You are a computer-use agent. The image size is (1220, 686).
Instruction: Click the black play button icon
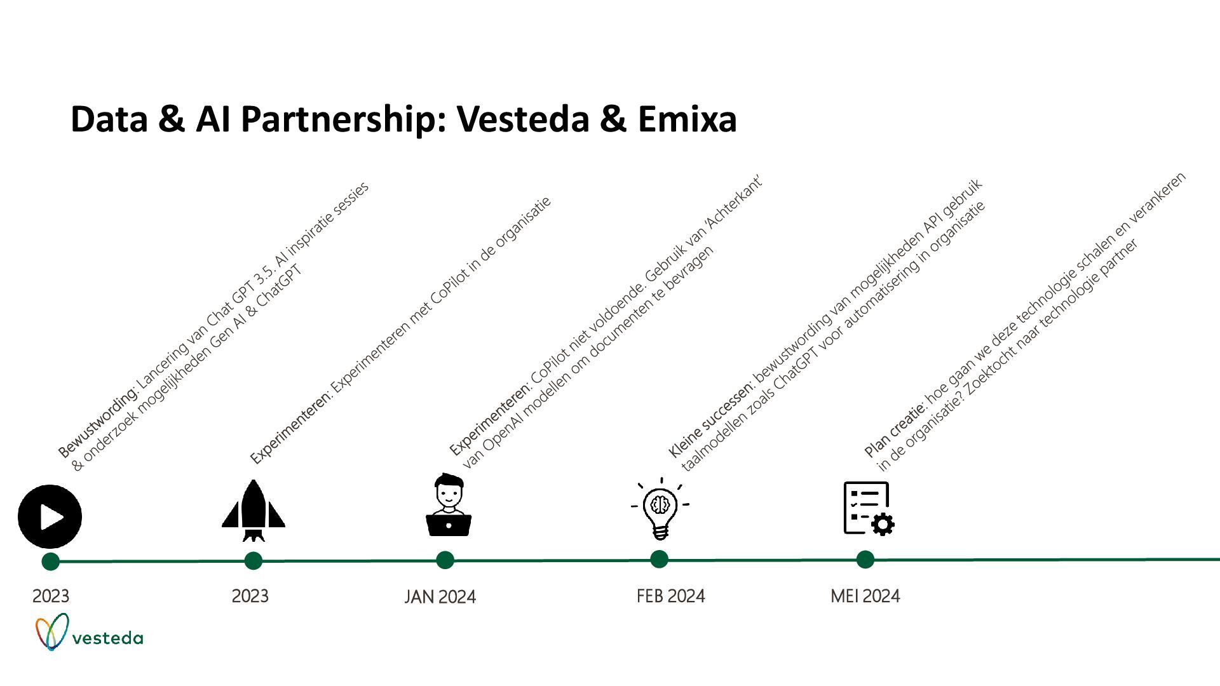[x=50, y=516]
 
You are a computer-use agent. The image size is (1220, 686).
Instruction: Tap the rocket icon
[x=253, y=511]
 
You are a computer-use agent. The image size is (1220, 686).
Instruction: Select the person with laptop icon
[x=448, y=506]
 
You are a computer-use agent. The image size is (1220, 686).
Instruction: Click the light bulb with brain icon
[x=660, y=509]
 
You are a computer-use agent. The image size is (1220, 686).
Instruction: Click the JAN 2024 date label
[x=440, y=597]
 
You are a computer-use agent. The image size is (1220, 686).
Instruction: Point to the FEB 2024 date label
[x=670, y=596]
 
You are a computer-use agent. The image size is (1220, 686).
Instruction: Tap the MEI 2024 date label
[x=865, y=596]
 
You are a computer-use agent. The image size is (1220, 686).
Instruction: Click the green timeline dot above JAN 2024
[x=445, y=560]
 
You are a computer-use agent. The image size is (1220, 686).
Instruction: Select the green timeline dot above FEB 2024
[x=659, y=560]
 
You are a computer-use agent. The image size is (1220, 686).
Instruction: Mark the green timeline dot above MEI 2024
[x=865, y=560]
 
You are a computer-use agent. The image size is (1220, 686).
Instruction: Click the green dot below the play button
[x=50, y=562]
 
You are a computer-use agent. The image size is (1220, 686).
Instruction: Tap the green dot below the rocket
[x=253, y=561]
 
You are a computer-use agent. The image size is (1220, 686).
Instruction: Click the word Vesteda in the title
[x=523, y=119]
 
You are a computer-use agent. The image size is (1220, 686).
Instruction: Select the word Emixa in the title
[x=687, y=119]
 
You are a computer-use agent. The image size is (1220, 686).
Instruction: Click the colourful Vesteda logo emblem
[x=51, y=631]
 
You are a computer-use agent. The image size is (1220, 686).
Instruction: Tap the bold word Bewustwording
[x=97, y=422]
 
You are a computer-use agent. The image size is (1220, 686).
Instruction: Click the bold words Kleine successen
[x=710, y=420]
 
